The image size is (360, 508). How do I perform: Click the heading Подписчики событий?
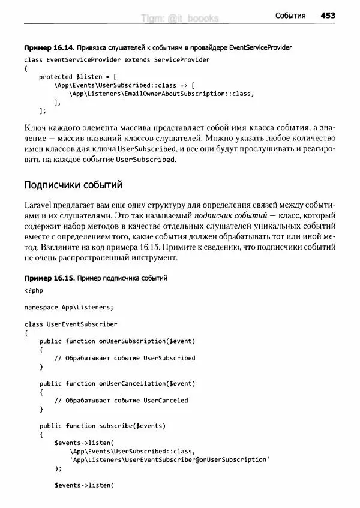coord(73,184)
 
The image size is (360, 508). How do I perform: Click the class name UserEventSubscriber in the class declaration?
coord(82,324)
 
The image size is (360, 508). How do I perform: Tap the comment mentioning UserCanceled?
coord(121,400)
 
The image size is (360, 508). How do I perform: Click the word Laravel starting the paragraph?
coord(38,203)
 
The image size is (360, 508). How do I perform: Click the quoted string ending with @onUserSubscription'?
coord(169,459)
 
